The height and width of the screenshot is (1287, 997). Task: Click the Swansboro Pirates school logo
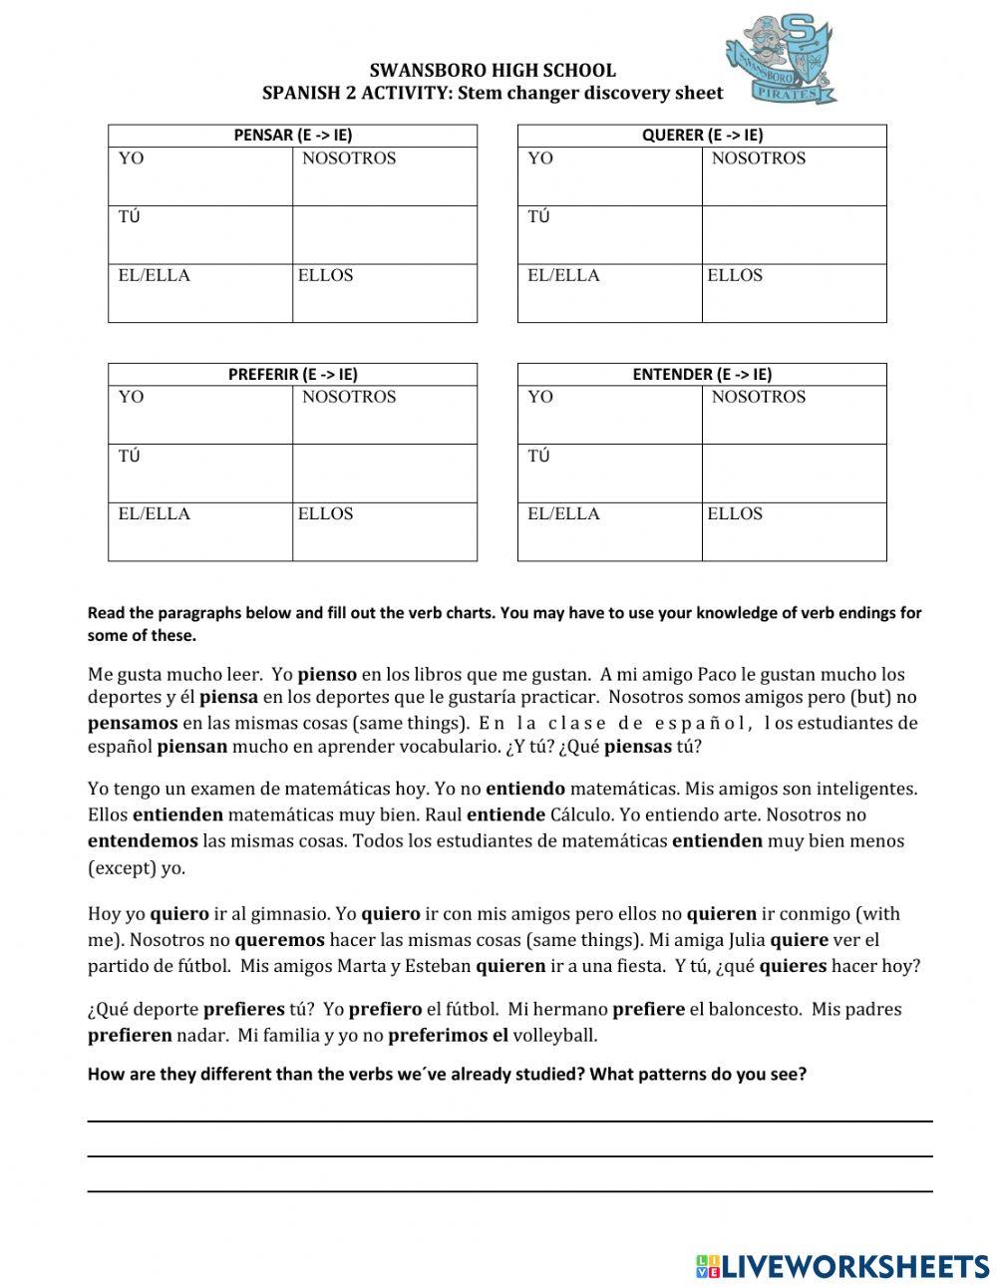pyautogui.click(x=781, y=60)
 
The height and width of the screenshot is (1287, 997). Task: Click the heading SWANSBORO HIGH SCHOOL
pyautogui.click(x=493, y=71)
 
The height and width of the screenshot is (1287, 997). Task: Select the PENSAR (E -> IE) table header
pyautogui.click(x=292, y=136)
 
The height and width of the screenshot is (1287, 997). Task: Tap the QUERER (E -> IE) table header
pyautogui.click(x=702, y=136)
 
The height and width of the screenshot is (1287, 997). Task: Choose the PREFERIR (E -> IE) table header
pyautogui.click(x=292, y=375)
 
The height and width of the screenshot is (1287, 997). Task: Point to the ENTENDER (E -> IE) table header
pyautogui.click(x=702, y=375)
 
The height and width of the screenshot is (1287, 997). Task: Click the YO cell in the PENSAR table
pyautogui.click(x=200, y=176)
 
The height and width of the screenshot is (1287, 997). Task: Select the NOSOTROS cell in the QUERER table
pyautogui.click(x=794, y=176)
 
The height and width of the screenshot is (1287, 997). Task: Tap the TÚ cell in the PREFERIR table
pyautogui.click(x=200, y=473)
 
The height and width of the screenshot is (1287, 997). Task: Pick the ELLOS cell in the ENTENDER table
pyautogui.click(x=794, y=530)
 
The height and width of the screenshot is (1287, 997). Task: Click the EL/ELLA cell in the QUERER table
pyautogui.click(x=609, y=292)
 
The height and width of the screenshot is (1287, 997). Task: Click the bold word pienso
pyautogui.click(x=327, y=675)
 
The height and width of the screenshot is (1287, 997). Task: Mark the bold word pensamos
pyautogui.click(x=133, y=723)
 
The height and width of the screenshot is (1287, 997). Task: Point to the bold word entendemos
pyautogui.click(x=143, y=840)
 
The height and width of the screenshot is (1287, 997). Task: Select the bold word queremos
pyautogui.click(x=279, y=939)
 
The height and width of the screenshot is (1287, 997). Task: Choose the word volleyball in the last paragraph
pyautogui.click(x=554, y=1035)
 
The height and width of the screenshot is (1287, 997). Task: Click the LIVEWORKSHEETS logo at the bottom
pyautogui.click(x=842, y=1266)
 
